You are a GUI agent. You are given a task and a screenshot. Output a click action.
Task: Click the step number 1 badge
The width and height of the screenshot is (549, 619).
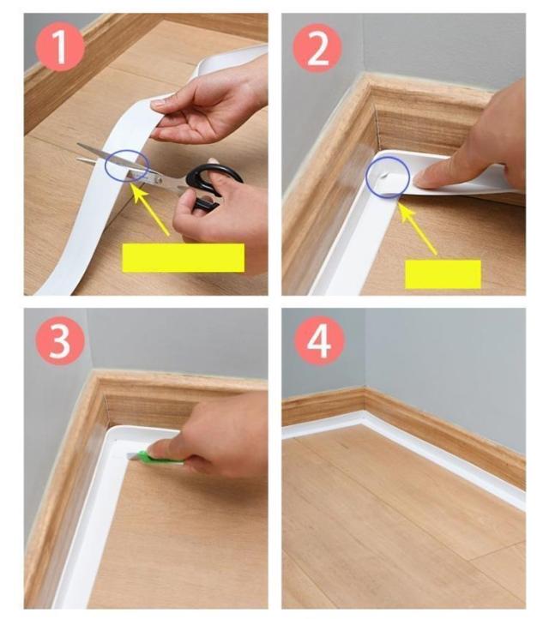pyautogui.click(x=60, y=47)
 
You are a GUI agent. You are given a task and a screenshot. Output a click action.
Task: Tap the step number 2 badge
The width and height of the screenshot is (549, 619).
pyautogui.click(x=317, y=48)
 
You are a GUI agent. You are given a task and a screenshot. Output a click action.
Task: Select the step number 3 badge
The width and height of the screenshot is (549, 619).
pyautogui.click(x=60, y=340)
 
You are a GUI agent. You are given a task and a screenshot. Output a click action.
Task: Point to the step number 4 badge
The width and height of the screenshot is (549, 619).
pyautogui.click(x=319, y=340)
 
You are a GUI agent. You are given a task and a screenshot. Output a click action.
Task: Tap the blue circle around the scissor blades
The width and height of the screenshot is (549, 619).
pyautogui.click(x=127, y=165)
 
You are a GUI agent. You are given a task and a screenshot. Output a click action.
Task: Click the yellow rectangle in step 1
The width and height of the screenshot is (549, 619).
pyautogui.click(x=184, y=258)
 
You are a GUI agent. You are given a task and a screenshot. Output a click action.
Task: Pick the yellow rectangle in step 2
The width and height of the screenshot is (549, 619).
pyautogui.click(x=443, y=274)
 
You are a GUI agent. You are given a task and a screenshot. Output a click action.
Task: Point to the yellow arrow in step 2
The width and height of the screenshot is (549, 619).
pyautogui.click(x=418, y=228)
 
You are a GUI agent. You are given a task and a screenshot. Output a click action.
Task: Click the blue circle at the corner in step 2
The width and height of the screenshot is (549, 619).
pyautogui.click(x=388, y=176)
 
